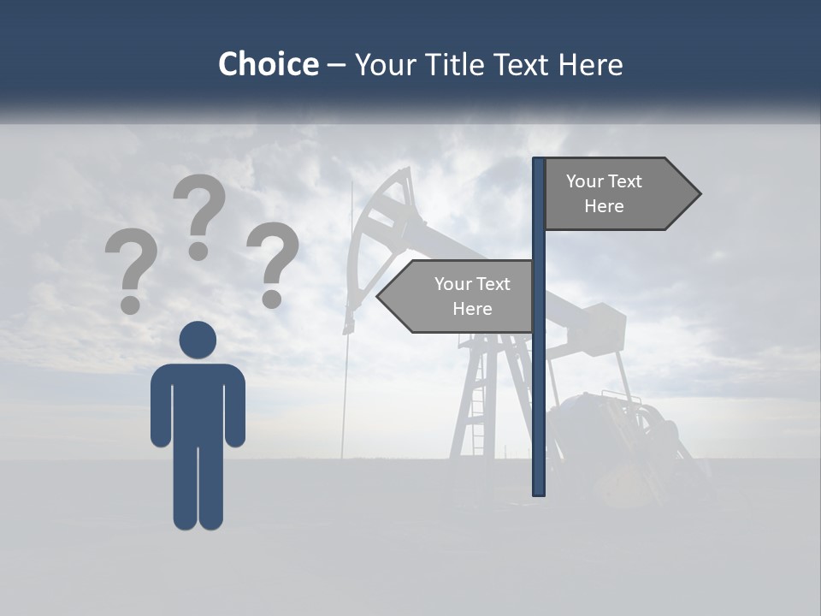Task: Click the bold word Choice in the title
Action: click(x=268, y=64)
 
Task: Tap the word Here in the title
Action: click(x=590, y=64)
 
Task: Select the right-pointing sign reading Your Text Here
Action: click(x=612, y=193)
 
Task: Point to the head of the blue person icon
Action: click(x=198, y=340)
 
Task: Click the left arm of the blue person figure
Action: click(x=161, y=406)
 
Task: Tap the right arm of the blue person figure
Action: click(x=235, y=406)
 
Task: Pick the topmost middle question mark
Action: click(x=200, y=210)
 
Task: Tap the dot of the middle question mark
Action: click(x=198, y=251)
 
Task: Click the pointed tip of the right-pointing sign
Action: click(x=696, y=194)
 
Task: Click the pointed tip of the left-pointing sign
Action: click(x=381, y=297)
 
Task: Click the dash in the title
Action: click(x=336, y=65)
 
